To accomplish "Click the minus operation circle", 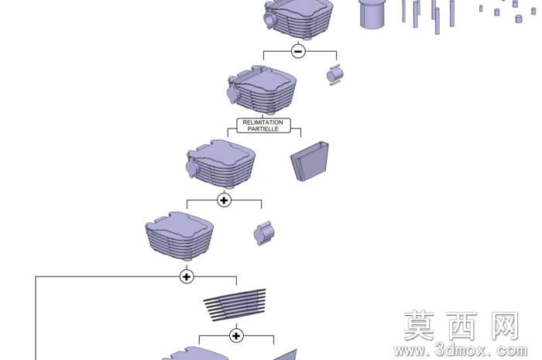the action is point(298,51).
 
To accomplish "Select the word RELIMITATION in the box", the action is point(262,122).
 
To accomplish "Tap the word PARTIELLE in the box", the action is point(262,129).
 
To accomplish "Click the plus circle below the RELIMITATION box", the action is point(224,200).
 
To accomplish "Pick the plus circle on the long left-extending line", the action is point(187,276).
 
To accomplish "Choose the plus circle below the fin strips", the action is point(236,335).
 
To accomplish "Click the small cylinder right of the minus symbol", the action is point(335,74).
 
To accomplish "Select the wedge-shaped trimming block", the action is point(310,161).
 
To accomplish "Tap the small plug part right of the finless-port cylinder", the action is point(265,233).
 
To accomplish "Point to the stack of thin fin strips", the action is point(235,305).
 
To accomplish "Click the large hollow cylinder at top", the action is point(372,14).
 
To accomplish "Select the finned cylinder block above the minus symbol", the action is point(298,19).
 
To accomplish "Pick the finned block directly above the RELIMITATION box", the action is point(262,90).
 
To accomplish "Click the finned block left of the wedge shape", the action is point(221,164).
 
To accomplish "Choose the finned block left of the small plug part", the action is point(180,236).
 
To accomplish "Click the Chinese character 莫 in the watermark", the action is point(419,325).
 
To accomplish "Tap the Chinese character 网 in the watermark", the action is point(506,325).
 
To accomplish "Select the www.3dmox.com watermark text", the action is point(461,351).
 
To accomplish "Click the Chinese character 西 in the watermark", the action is point(461,326).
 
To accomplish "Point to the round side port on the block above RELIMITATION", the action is point(232,94).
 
